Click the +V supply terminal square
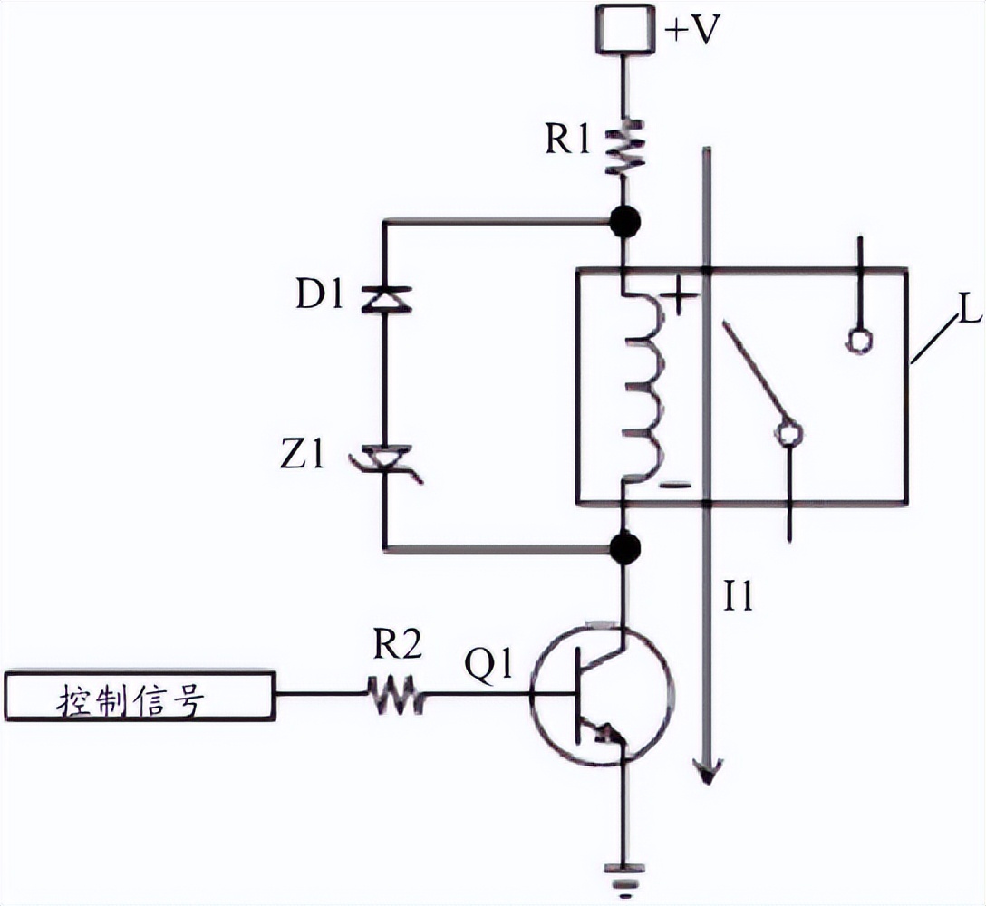(624, 28)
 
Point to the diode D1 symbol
(385, 299)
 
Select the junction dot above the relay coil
(624, 221)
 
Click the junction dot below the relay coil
(624, 547)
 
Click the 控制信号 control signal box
(140, 696)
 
